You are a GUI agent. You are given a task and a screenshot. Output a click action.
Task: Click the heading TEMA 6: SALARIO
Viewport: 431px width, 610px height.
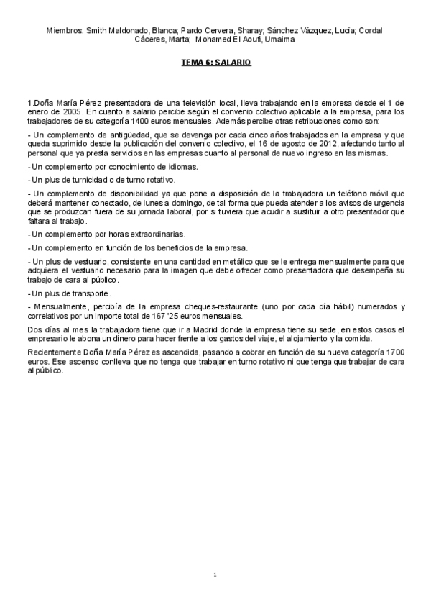coord(215,63)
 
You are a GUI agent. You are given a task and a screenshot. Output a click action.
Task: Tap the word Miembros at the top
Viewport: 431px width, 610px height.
coord(63,31)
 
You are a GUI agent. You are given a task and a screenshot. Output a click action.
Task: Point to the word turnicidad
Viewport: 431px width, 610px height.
coord(81,179)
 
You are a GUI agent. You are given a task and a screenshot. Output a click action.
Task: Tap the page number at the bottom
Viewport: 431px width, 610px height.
coord(215,575)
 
